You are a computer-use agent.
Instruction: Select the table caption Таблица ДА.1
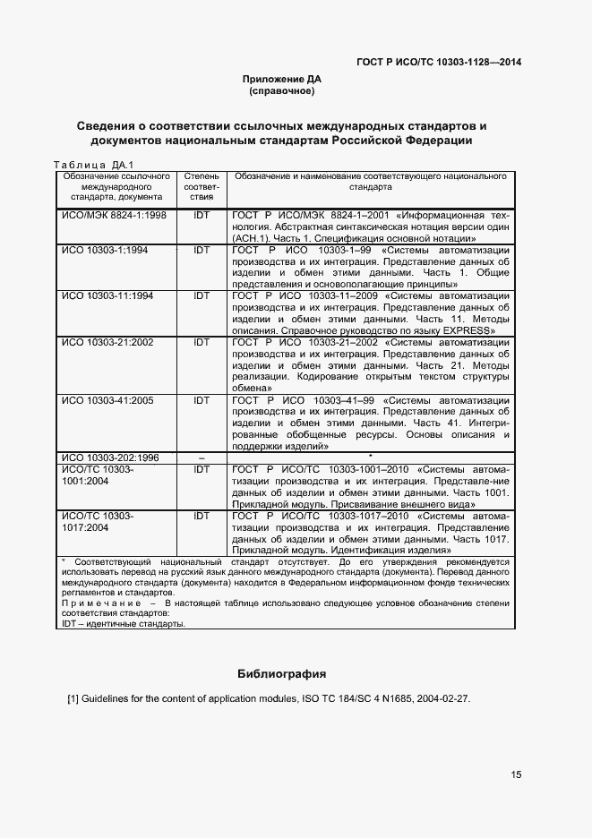pos(93,165)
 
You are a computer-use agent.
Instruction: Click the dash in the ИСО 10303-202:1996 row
pos(201,458)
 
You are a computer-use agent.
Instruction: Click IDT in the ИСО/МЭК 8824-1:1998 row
pos(201,216)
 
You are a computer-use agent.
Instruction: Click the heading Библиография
pos(281,672)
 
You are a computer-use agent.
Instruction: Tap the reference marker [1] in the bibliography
pos(74,698)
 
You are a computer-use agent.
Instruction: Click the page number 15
pos(517,774)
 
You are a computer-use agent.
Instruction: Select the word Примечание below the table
pos(91,603)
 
